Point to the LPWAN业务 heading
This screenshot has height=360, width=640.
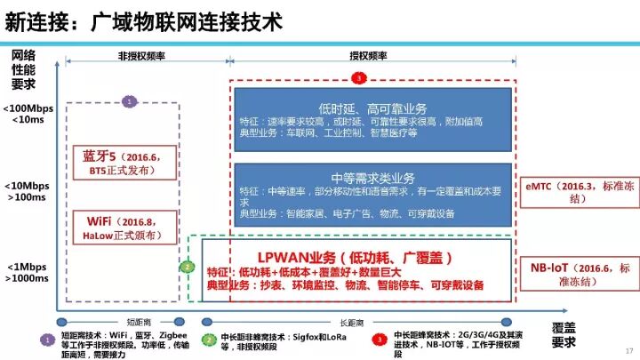(356, 257)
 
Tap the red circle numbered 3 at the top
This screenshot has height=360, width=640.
(358, 78)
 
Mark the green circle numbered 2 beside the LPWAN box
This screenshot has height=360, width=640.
(187, 267)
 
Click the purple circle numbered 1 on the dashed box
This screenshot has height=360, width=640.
(130, 102)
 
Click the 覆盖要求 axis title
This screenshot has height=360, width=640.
(564, 334)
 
